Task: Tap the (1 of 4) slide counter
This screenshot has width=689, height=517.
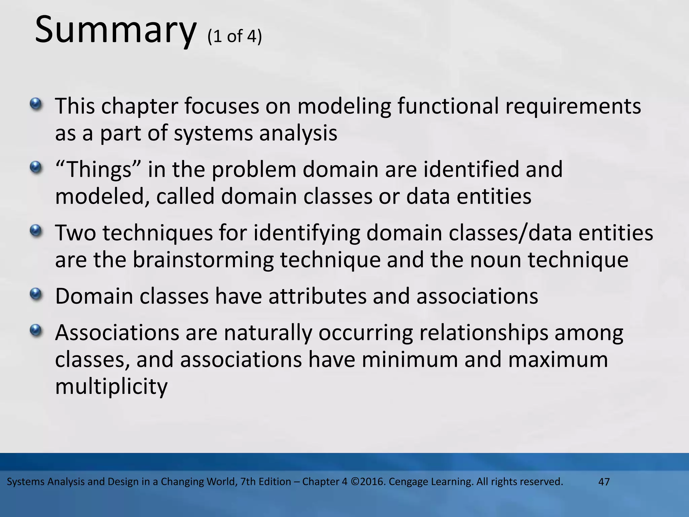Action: (234, 36)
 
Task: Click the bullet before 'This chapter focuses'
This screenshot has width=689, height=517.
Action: (36, 103)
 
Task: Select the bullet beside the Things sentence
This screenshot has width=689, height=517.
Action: (36, 167)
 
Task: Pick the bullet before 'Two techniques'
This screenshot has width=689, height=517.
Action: (36, 230)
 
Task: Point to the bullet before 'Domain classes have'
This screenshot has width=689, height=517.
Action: (36, 294)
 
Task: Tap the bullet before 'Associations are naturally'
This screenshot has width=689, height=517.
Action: (36, 330)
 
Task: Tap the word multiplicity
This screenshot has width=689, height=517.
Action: (111, 387)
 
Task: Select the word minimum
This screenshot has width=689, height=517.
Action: (410, 359)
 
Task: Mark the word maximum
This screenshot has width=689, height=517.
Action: (558, 359)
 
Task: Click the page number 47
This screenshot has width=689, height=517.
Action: (604, 482)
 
